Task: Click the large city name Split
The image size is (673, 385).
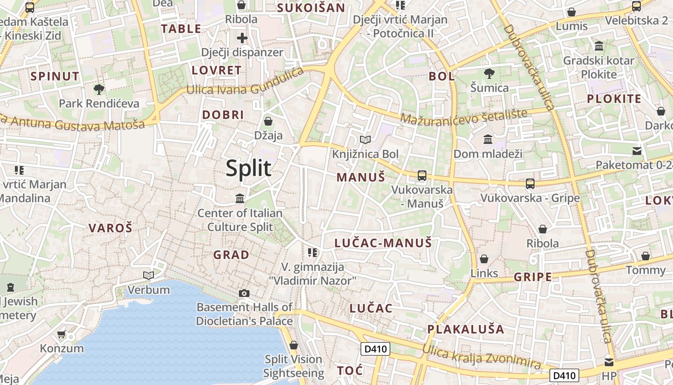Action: coord(249,168)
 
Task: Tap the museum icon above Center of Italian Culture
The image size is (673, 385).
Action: coord(240,198)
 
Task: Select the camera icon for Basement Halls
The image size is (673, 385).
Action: coord(244,293)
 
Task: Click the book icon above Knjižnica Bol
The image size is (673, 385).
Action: coord(365,140)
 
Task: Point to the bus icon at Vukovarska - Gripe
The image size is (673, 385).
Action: coord(530,183)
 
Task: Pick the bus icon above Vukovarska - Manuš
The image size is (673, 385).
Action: coord(422,175)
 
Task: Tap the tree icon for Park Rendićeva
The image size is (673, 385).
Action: coord(99,89)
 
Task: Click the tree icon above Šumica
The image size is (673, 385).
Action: coord(489,74)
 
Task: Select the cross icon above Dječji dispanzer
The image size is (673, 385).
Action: coord(242,38)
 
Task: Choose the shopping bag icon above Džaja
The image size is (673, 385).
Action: coord(268,121)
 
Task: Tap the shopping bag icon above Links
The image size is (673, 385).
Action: coord(484,259)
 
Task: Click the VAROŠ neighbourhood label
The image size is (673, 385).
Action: coord(110,228)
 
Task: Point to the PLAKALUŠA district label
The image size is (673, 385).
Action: coord(466,330)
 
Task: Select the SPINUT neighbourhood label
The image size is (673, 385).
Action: coord(55,76)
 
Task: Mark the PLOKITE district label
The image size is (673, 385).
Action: coord(614,99)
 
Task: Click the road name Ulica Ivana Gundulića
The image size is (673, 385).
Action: coord(245,82)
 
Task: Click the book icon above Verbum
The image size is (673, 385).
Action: coord(149,275)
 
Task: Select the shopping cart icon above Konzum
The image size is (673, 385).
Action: coord(61,334)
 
